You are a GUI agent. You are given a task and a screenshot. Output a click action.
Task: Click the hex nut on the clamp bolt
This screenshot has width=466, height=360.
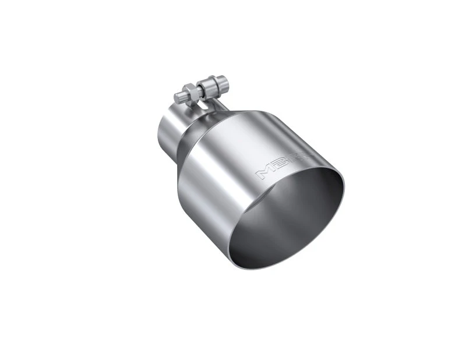pos(190,91)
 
